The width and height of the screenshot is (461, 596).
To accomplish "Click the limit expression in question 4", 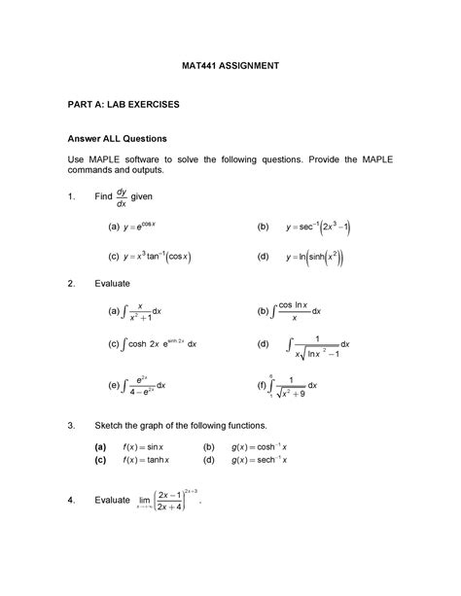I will [x=186, y=502].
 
